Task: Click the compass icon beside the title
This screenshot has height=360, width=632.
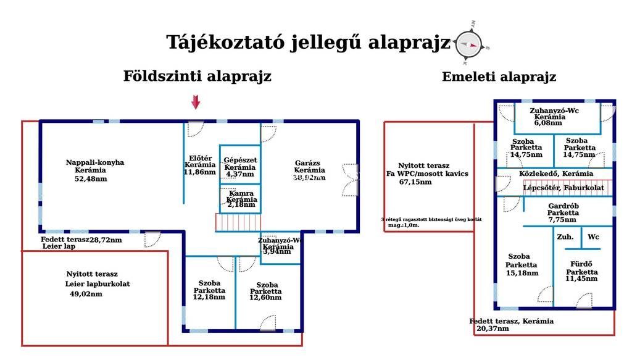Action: [x=468, y=43]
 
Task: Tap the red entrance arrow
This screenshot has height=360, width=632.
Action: [x=196, y=103]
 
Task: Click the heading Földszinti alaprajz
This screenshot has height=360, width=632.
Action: [x=197, y=77]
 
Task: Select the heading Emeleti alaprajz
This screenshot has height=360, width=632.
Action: [x=499, y=77]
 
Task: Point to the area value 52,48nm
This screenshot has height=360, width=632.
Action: [x=91, y=179]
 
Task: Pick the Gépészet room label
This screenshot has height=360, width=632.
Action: [x=240, y=160]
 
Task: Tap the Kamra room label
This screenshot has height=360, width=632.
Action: [x=240, y=193]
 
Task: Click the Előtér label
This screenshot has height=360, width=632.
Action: [x=199, y=157]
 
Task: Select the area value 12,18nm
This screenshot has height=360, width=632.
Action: [x=209, y=298]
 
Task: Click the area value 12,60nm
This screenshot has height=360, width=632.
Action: [x=265, y=298]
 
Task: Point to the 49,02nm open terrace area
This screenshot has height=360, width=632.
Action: [x=86, y=295]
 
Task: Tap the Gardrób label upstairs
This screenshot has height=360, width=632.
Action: [x=562, y=206]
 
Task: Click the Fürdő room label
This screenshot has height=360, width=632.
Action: [x=582, y=264]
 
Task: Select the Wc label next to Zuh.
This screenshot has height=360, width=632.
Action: [x=593, y=237]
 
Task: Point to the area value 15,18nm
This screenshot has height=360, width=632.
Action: [x=522, y=273]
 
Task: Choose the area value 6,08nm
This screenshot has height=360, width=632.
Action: [x=547, y=123]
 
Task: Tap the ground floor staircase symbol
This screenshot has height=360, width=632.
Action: [x=238, y=222]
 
